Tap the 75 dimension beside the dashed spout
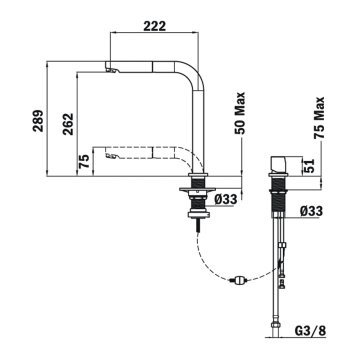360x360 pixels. pyautogui.click(x=85, y=161)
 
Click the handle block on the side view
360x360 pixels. pyautogui.click(x=281, y=166)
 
